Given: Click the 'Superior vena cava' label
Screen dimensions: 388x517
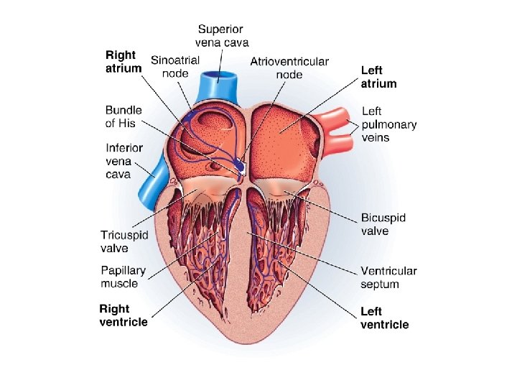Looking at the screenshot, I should point(220,36).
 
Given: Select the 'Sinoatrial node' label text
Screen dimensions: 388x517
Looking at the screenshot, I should point(174,68).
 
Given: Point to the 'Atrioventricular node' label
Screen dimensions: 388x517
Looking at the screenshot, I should point(289,68).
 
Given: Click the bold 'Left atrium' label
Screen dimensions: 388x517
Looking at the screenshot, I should point(378,77).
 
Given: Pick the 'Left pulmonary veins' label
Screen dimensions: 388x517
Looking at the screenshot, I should point(388,124).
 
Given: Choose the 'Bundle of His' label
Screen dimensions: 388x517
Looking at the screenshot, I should point(124,116).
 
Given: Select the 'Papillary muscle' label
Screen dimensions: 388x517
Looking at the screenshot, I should point(123,277).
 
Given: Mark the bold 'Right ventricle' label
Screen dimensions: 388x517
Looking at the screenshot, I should point(124,315).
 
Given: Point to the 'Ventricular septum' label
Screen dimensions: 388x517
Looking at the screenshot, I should point(388,277).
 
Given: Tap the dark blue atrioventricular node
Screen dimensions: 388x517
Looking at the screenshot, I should point(240,166).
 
